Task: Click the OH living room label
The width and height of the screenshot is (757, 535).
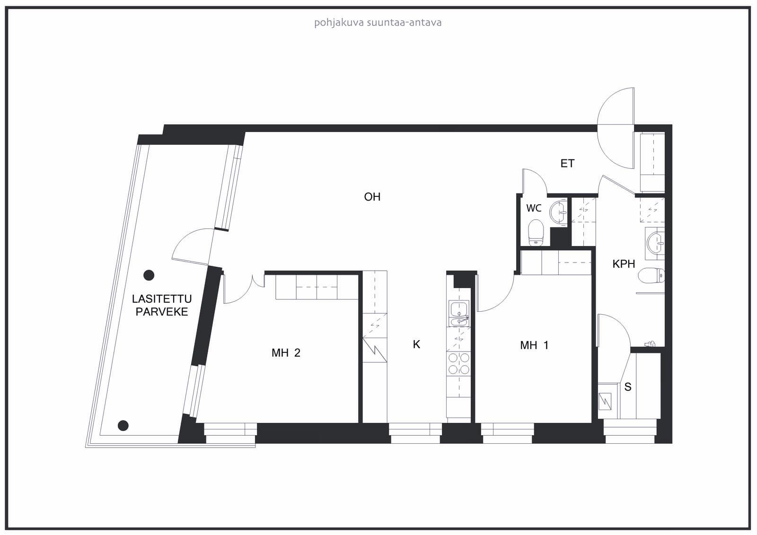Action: tap(372, 197)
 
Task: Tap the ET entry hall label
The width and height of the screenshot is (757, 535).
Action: tap(567, 164)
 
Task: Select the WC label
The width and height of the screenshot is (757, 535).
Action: tap(534, 208)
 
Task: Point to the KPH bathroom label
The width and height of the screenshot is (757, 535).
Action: tap(624, 263)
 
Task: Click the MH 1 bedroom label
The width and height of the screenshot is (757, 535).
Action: tap(534, 345)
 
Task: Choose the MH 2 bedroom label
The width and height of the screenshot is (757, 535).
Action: tap(286, 353)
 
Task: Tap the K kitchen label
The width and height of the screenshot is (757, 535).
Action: tap(416, 344)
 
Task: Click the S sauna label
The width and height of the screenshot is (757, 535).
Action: tap(628, 387)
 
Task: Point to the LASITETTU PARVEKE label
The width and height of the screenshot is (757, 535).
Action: tap(162, 305)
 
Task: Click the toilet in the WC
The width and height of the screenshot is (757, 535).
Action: tap(536, 233)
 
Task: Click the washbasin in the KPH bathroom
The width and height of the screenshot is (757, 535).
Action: tap(655, 243)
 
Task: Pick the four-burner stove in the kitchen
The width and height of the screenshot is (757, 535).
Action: tap(458, 364)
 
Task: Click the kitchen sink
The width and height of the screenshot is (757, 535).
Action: tap(458, 314)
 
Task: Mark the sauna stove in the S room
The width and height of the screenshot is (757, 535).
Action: tap(605, 402)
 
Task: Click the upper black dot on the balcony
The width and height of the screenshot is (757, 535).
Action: tap(149, 275)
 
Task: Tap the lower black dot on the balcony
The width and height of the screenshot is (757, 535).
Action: tap(123, 426)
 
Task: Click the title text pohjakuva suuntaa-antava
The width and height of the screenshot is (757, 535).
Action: tap(378, 23)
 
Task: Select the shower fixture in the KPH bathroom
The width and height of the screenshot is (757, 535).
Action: tap(650, 344)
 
